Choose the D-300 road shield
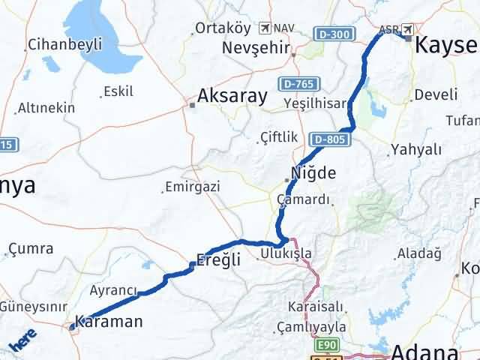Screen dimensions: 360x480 tap(331, 33)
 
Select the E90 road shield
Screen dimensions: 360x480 tap(326, 344)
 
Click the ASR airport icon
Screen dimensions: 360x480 tap(407, 30)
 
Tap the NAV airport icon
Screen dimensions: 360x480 tap(263, 28)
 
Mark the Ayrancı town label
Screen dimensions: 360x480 tap(114, 290)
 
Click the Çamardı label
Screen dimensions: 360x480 tap(303, 200)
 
